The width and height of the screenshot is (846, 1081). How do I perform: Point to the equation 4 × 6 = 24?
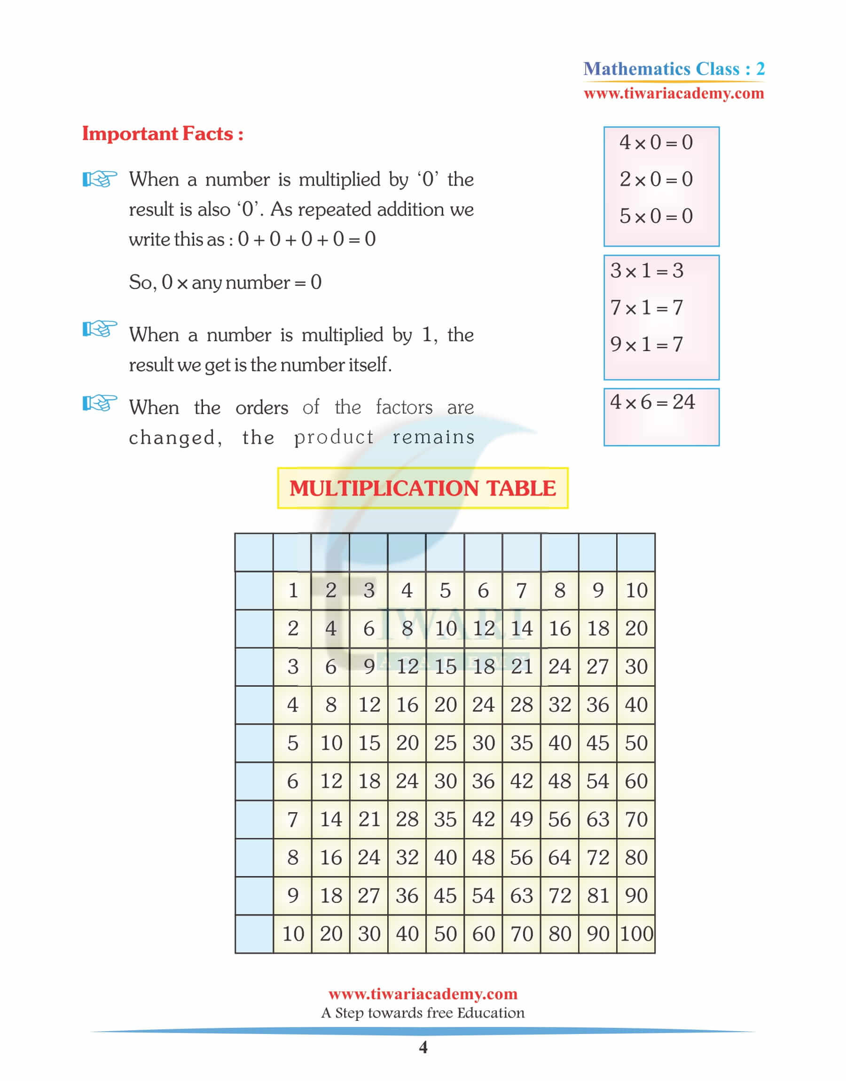pos(652,402)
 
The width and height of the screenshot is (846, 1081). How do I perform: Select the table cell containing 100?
pos(636,934)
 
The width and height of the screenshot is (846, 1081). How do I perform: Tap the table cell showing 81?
pos(598,896)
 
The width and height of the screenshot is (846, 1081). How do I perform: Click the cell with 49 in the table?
pos(522,820)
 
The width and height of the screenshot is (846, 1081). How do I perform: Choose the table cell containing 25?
pos(445,743)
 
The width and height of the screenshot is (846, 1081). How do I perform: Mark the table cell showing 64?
pos(560,858)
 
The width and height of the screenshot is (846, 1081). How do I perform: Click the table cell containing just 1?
pos(293,590)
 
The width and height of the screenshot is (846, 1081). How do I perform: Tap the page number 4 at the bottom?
pos(423,1047)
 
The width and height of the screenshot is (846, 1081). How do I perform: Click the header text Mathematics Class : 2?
pos(674,69)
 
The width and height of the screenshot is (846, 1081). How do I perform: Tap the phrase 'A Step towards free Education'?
pos(423,1013)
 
